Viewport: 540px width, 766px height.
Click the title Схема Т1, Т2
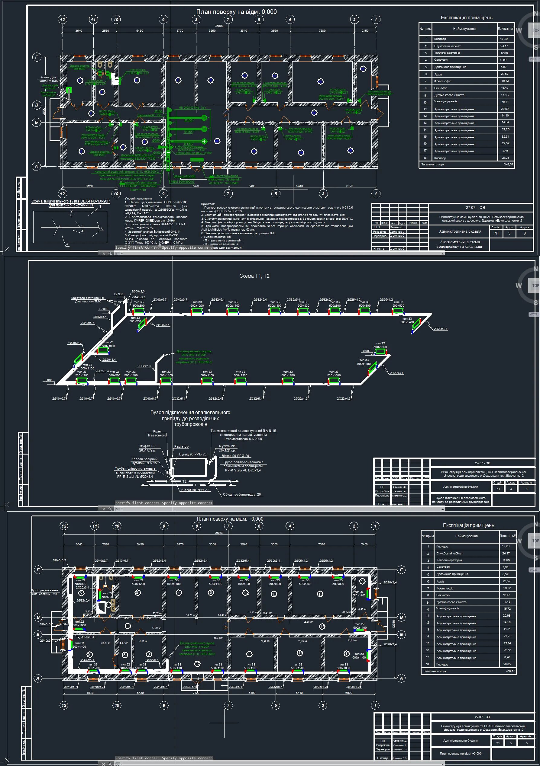pos(254,276)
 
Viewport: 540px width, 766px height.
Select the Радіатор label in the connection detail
pos(181,446)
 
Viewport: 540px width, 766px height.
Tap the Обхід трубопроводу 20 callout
pos(242,494)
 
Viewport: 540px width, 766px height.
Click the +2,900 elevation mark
pos(118,294)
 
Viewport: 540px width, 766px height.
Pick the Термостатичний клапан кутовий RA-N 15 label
pos(243,431)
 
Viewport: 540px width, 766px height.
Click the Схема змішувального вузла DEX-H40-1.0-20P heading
pos(70,201)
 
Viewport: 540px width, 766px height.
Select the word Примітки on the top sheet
pos(207,204)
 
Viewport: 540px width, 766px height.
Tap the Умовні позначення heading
pos(138,199)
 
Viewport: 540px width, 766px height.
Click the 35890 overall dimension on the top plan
pos(219,26)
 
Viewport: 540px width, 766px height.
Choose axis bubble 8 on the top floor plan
pos(196,19)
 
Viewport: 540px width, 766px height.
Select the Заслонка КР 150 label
pos(149,115)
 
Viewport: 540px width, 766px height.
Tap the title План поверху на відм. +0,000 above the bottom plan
pos(230,519)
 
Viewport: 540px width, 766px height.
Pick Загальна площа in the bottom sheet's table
pos(435,671)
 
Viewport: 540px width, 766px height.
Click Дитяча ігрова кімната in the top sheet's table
pos(449,95)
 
